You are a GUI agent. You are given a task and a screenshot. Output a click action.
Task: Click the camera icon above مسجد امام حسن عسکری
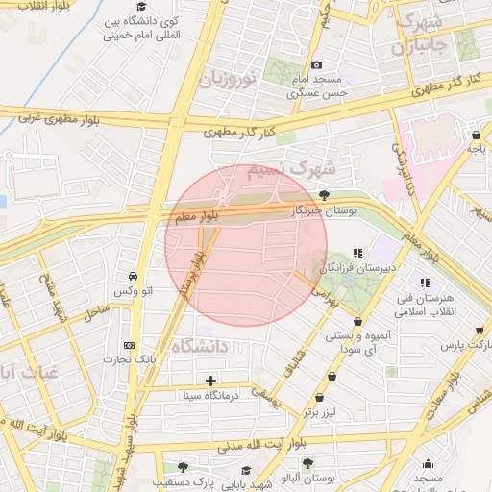[x=317, y=64]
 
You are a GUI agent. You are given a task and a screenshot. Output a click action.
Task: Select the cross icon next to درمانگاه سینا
[x=210, y=381]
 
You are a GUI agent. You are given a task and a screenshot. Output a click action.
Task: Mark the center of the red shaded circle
[x=240, y=245]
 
